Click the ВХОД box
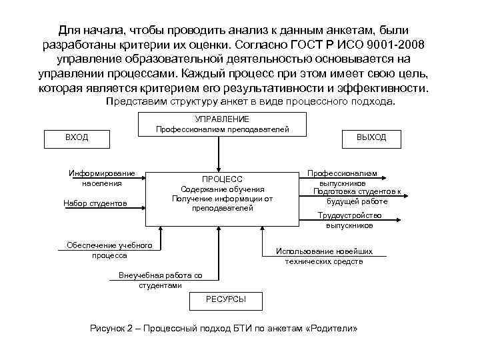pyautogui.click(x=77, y=137)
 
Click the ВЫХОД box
pyautogui.click(x=371, y=137)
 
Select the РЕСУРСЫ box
pyautogui.click(x=227, y=300)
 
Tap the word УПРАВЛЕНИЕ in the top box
pyautogui.click(x=222, y=119)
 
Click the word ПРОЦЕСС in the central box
pyautogui.click(x=222, y=179)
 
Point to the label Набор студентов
pyautogui.click(x=95, y=203)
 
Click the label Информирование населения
pyautogui.click(x=102, y=178)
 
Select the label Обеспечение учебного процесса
pyautogui.click(x=109, y=250)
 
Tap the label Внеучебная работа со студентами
pyautogui.click(x=160, y=280)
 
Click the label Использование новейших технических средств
pyautogui.click(x=324, y=256)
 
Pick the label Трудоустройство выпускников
pyautogui.click(x=349, y=220)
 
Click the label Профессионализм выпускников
pyautogui.click(x=342, y=177)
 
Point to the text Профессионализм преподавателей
pyautogui.click(x=222, y=129)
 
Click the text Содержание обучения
pyautogui.click(x=222, y=189)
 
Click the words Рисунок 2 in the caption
pyautogui.click(x=111, y=329)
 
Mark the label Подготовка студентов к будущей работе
pyautogui.click(x=357, y=196)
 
